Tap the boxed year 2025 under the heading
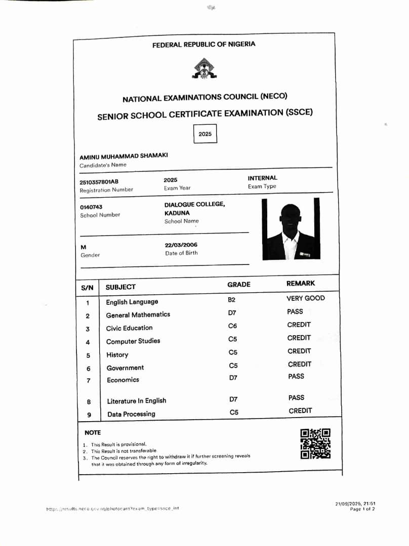tap(205, 134)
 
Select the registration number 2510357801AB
tap(99, 182)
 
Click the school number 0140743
tap(91, 207)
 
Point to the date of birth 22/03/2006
tap(181, 245)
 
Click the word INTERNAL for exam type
tap(262, 178)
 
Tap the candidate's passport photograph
tap(291, 229)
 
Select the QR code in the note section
tap(315, 443)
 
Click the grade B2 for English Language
tap(232, 300)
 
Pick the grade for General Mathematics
tap(232, 313)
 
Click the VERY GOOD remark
tap(305, 298)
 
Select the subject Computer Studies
tap(133, 341)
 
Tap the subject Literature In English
tap(137, 401)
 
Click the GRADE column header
tap(238, 285)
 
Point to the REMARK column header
tap(300, 284)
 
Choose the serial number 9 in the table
tap(89, 415)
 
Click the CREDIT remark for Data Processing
tap(300, 411)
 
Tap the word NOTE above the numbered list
tap(93, 433)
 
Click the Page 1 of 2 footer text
tap(362, 509)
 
